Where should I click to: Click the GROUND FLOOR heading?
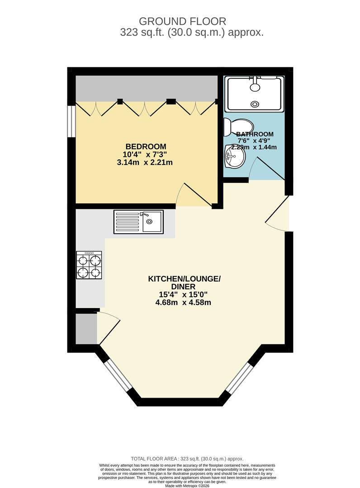coord(182,21)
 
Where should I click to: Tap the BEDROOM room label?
coord(146,146)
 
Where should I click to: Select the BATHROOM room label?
coord(255,134)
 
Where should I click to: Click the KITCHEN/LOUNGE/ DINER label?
coord(184,283)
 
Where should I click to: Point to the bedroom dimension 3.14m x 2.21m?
coord(145,163)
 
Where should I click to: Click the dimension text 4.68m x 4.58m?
coord(184,302)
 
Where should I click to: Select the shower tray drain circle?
coord(255,104)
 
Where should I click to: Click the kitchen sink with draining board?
coord(138,222)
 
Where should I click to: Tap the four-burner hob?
coord(89,266)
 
